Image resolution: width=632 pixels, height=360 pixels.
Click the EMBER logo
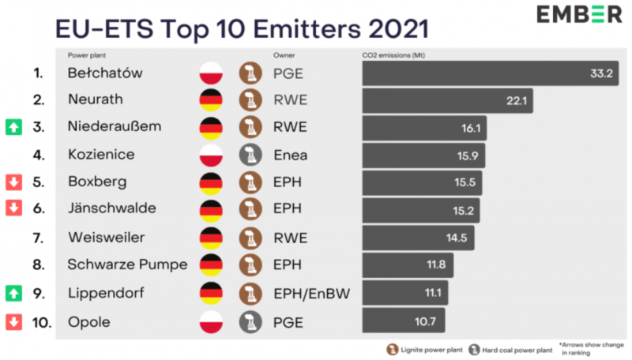pos(579,15)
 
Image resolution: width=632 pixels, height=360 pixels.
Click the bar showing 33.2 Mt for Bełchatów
pos(490,73)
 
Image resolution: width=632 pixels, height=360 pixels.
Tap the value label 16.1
pos(472,128)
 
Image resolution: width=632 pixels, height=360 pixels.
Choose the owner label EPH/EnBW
pos(311,293)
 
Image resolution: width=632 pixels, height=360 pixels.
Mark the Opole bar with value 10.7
pos(403,321)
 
